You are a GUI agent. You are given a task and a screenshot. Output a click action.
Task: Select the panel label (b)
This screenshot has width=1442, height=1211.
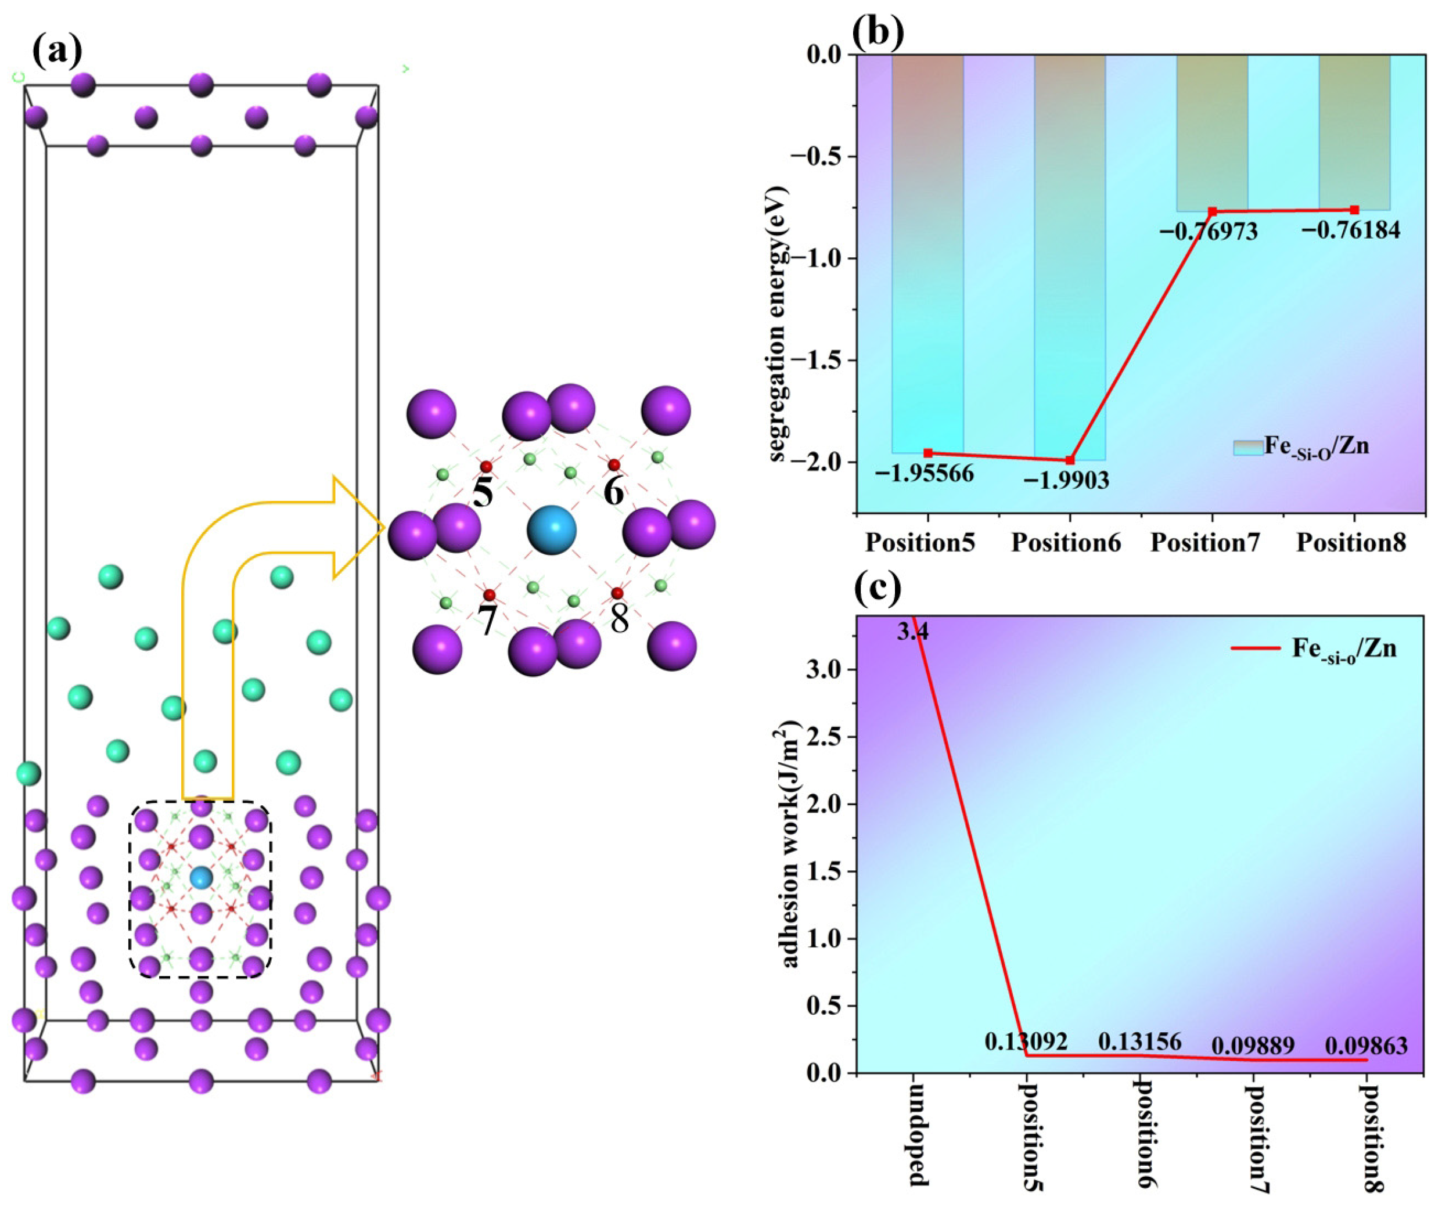pyautogui.click(x=877, y=31)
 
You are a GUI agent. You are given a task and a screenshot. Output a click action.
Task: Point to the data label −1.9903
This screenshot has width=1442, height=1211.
pyautogui.click(x=1066, y=481)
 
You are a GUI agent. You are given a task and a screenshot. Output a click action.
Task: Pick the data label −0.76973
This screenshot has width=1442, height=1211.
pyautogui.click(x=1209, y=232)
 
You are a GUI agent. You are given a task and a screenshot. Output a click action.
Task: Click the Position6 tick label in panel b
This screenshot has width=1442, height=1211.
pyautogui.click(x=1066, y=543)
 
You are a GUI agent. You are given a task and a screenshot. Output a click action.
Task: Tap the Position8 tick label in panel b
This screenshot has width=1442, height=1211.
pyautogui.click(x=1351, y=543)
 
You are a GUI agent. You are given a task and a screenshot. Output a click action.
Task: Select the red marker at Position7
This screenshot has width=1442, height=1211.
pyautogui.click(x=1213, y=211)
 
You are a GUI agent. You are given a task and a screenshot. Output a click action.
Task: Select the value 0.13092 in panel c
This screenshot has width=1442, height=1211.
pyautogui.click(x=1026, y=1042)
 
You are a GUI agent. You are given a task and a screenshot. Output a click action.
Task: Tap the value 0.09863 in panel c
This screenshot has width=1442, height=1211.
pyautogui.click(x=1366, y=1046)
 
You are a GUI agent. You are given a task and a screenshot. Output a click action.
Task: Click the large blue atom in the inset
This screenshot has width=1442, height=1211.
pyautogui.click(x=551, y=530)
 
